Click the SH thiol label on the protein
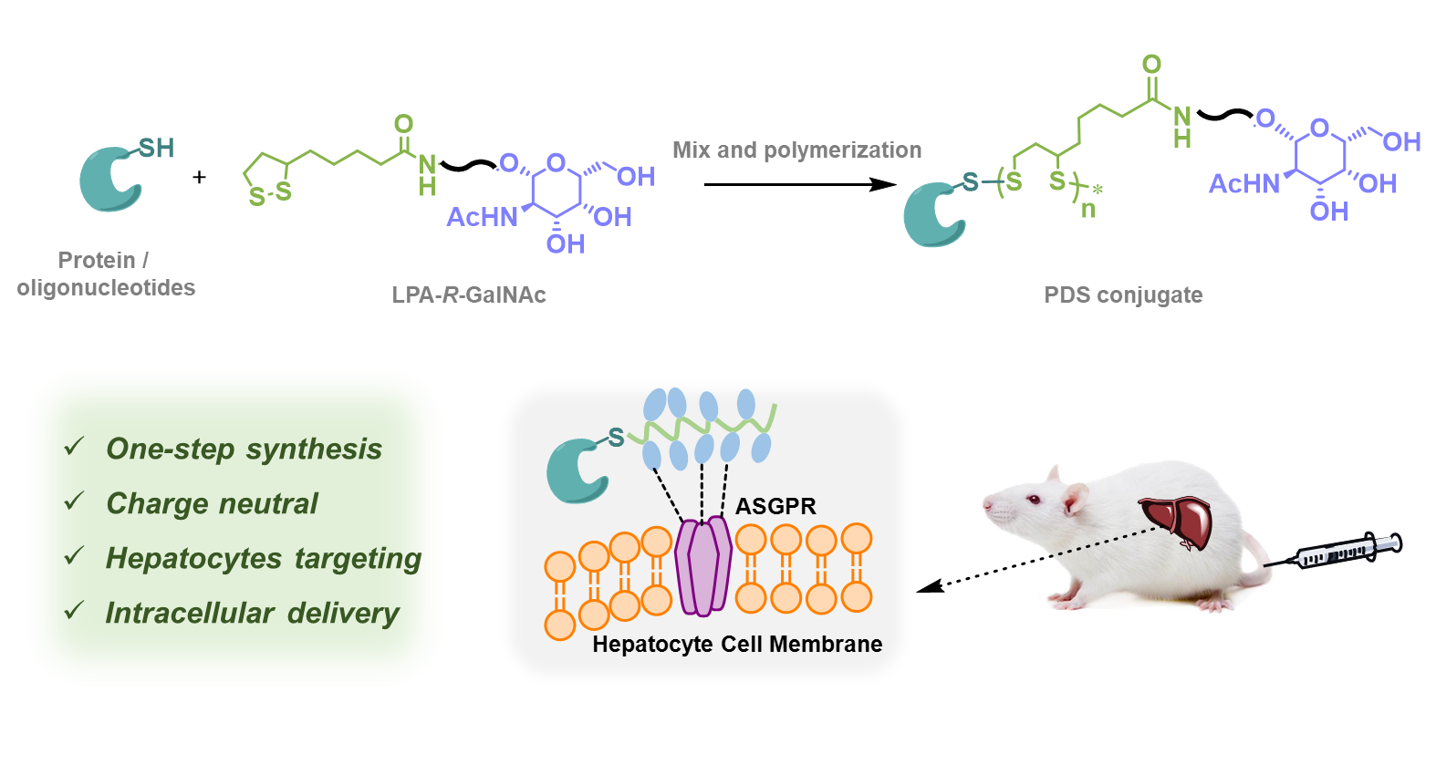156,148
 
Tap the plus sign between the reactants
200,177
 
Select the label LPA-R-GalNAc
469,294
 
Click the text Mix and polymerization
796,150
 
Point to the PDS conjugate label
1123,294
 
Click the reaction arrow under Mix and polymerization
800,184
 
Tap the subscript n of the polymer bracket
1087,210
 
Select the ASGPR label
775,506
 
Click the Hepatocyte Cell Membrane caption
737,644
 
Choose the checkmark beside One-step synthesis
75,446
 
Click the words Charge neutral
212,503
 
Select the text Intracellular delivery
253,613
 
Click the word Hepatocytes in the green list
193,559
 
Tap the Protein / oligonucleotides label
106,274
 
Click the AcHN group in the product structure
1243,184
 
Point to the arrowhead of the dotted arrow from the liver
928,586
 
